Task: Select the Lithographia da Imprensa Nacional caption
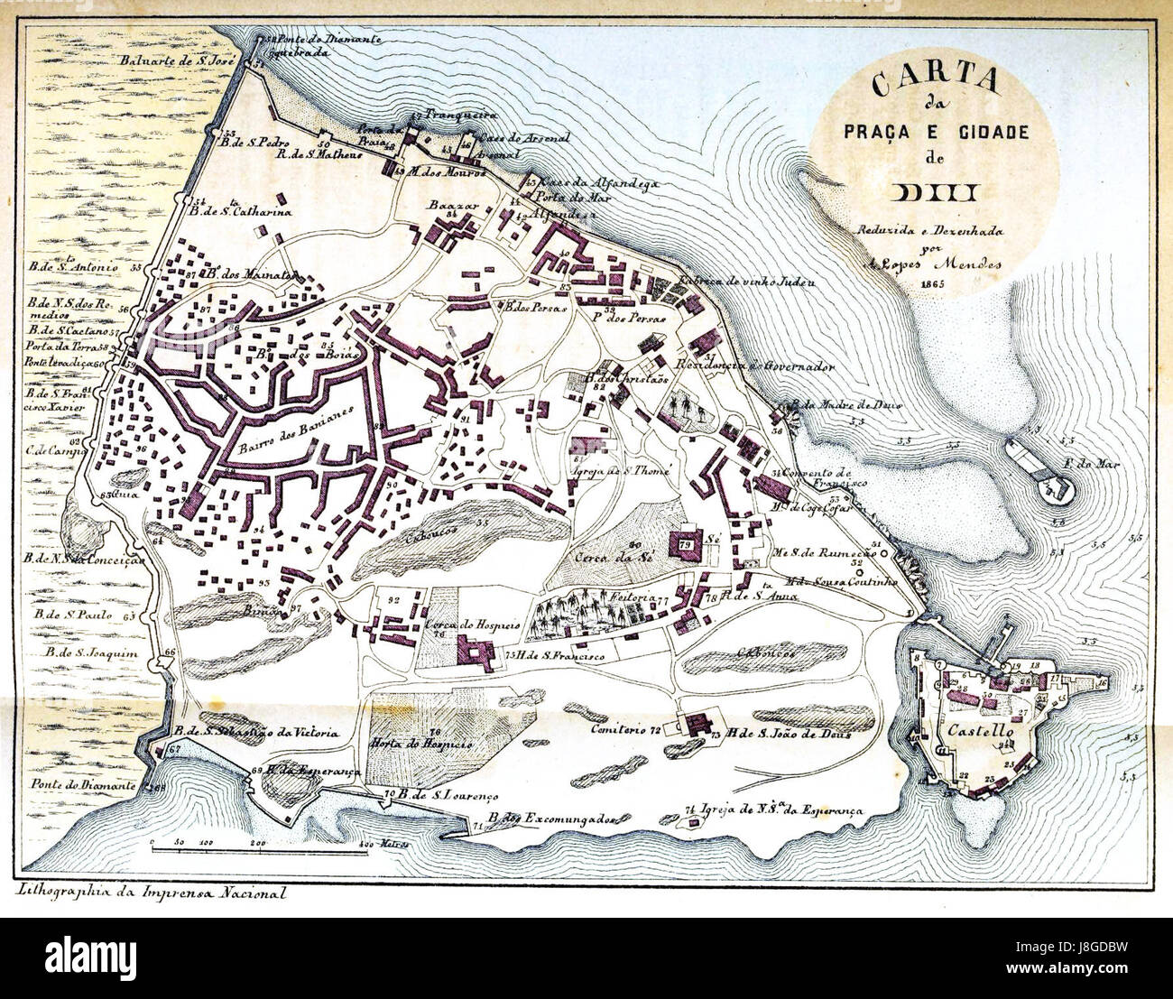pos(151,893)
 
